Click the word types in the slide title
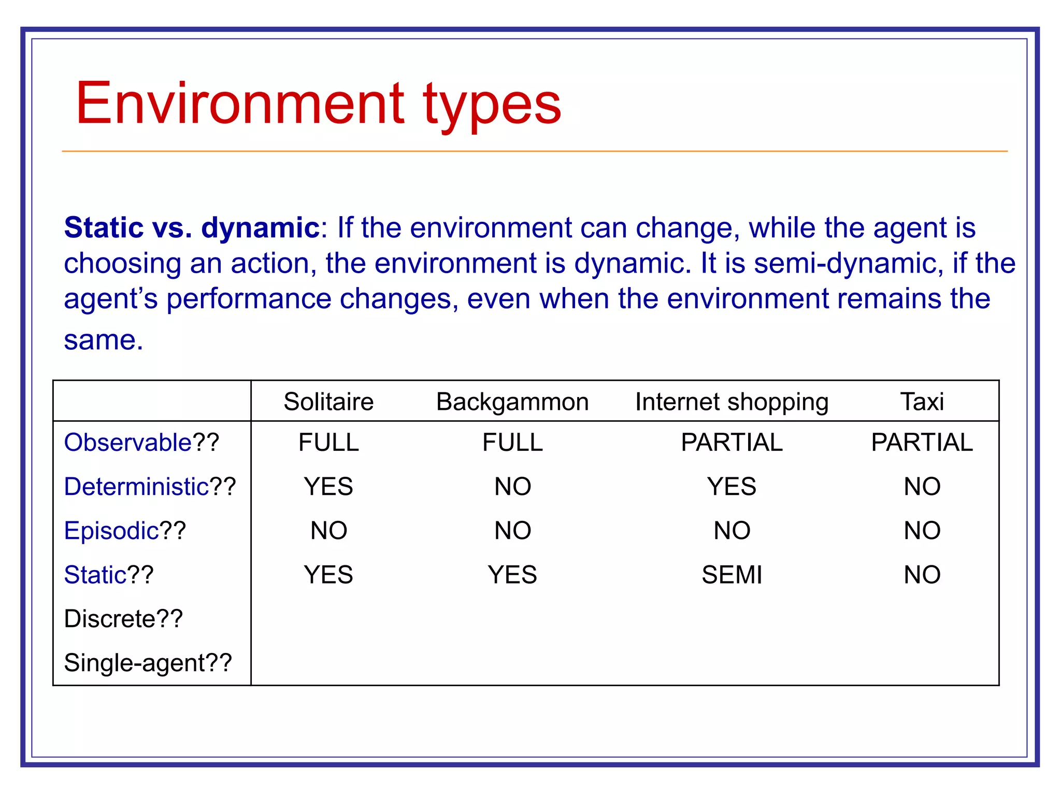(x=492, y=106)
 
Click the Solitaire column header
(x=328, y=402)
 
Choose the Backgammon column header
(x=512, y=402)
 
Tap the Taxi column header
(x=922, y=402)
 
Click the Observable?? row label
(x=141, y=443)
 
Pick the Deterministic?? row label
(x=150, y=487)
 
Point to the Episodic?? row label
(x=125, y=531)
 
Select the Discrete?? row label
(x=123, y=619)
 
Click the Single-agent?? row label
(x=148, y=663)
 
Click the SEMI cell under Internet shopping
(x=732, y=575)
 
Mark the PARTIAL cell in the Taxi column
(x=922, y=443)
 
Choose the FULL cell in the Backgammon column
(x=512, y=443)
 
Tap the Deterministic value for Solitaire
(x=328, y=487)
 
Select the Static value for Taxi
(x=922, y=575)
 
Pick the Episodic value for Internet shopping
(x=732, y=531)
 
